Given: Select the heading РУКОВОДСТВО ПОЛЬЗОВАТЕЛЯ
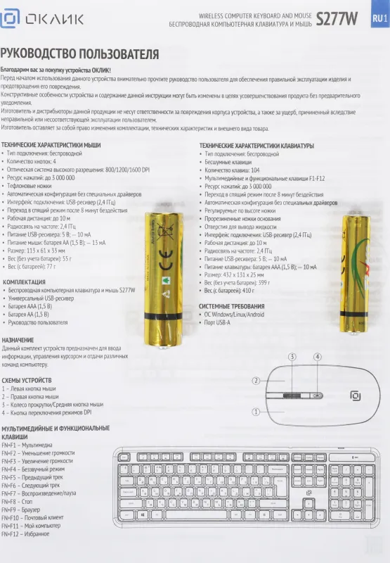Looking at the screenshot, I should [x=79, y=55].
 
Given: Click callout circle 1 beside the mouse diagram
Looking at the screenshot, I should [x=256, y=412].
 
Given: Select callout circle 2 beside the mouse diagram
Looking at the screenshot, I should [x=256, y=381].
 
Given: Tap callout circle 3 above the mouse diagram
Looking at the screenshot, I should [x=292, y=357].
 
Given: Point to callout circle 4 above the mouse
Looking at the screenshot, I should [x=317, y=357].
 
